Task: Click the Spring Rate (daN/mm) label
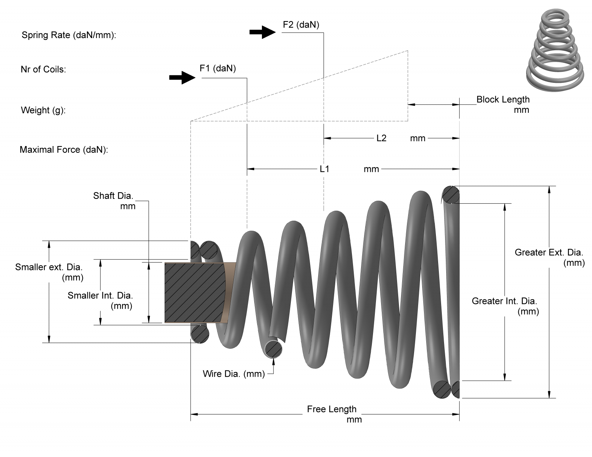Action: point(69,35)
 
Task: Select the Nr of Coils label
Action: point(43,70)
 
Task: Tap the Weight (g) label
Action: point(43,110)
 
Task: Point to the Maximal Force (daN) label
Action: point(64,150)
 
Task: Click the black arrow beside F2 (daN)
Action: point(262,32)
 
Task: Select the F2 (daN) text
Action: point(301,25)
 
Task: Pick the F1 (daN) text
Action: point(218,68)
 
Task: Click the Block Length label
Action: point(503,100)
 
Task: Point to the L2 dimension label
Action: point(381,138)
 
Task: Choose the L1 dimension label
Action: point(324,169)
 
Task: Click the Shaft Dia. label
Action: point(113,196)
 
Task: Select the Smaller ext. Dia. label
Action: point(49,267)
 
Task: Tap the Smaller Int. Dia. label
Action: point(100,296)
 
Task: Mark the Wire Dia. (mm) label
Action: point(233,374)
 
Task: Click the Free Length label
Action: point(332,409)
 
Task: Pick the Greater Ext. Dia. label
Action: point(549,253)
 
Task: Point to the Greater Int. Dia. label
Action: point(504,301)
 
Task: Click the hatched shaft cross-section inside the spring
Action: point(194,292)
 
